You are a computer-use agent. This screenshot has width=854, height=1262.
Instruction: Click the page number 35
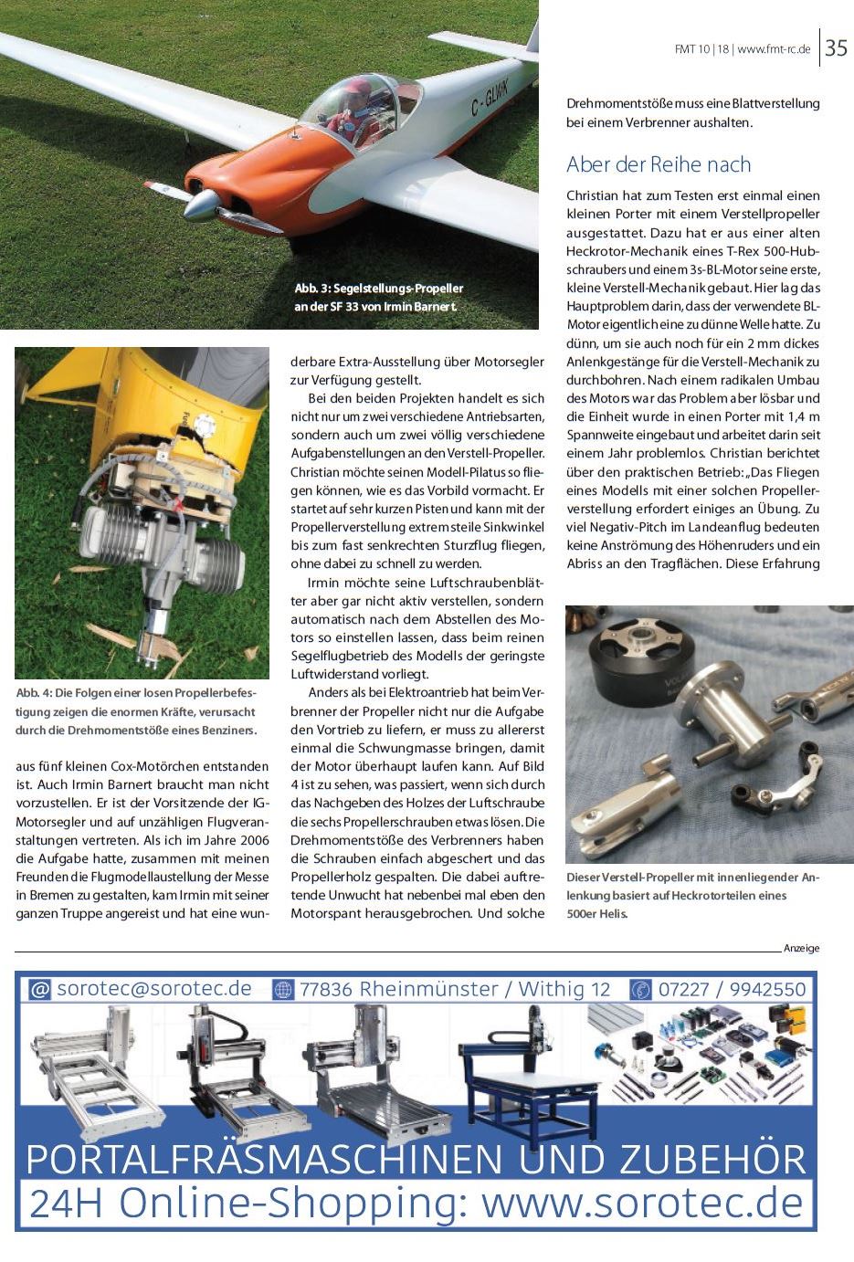click(835, 48)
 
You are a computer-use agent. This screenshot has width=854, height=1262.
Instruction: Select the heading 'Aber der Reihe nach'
click(658, 164)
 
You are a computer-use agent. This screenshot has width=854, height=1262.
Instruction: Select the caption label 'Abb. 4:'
click(34, 694)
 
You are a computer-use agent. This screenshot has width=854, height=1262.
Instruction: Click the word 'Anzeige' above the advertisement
click(801, 948)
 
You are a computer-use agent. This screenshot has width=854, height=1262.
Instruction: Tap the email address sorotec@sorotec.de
click(153, 989)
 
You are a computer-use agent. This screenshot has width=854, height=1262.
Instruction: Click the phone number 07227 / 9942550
click(732, 989)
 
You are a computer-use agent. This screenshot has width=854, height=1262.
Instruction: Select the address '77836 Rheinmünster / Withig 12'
click(455, 989)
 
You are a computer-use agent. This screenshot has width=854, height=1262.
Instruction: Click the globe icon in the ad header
click(283, 990)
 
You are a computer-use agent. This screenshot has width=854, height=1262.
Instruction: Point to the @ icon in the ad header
click(39, 990)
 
